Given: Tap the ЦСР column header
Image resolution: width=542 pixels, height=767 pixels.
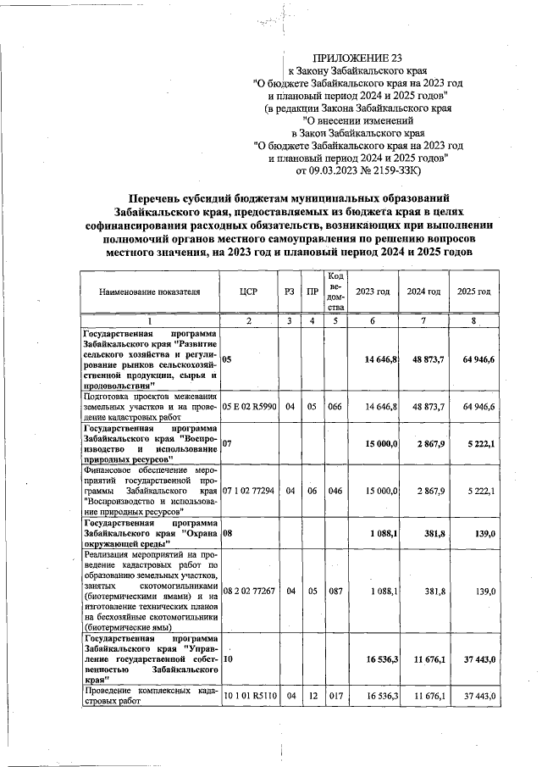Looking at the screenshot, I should click(x=249, y=292).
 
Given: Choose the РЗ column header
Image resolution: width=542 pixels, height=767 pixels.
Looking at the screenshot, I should click(x=290, y=292).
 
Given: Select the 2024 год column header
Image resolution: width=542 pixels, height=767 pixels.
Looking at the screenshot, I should click(x=423, y=292).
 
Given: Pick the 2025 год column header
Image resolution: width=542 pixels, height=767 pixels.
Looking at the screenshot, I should click(x=474, y=292).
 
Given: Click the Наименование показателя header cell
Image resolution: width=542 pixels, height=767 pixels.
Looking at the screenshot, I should click(x=150, y=292).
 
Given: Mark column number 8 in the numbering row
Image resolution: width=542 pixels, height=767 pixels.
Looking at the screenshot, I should click(x=474, y=320).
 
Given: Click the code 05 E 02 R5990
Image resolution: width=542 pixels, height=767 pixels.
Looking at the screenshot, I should click(x=249, y=407).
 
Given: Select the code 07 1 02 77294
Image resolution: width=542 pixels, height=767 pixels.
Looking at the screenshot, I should click(x=249, y=491).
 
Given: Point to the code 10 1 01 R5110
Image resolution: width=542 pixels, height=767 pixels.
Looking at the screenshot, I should click(x=249, y=695).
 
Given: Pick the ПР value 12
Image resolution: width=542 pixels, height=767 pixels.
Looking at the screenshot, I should click(x=312, y=695).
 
